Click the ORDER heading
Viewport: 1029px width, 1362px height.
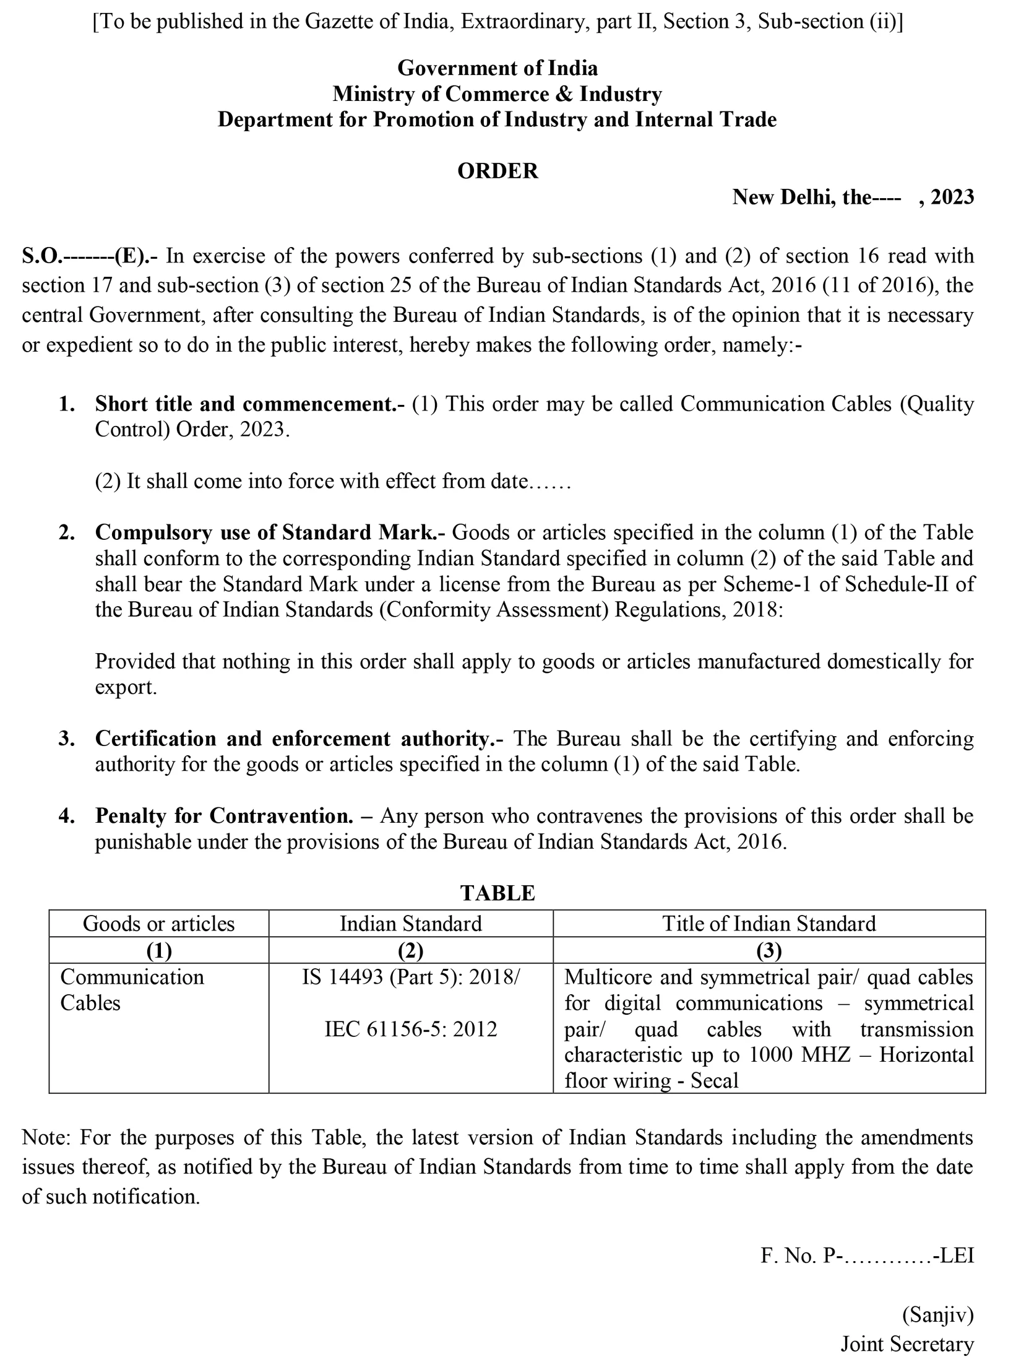pos(497,171)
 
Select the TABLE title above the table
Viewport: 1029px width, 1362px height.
pos(497,893)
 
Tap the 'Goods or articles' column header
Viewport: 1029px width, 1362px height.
pos(159,924)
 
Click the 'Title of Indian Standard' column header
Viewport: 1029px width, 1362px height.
pos(769,924)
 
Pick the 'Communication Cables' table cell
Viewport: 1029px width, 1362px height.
pos(132,990)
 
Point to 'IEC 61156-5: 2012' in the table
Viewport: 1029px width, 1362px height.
pos(411,1029)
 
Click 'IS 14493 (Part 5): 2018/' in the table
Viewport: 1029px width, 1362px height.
pos(411,977)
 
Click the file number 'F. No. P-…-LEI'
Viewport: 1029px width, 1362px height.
pos(867,1256)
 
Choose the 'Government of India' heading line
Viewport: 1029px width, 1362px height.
pos(497,67)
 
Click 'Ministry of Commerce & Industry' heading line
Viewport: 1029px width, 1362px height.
pos(497,93)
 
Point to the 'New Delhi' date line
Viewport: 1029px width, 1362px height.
pos(853,197)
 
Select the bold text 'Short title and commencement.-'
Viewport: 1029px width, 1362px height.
pos(249,404)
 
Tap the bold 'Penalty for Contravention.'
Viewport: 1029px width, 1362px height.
pos(224,816)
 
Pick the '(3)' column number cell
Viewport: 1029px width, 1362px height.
pos(769,950)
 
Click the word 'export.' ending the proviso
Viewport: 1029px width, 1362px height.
pos(126,687)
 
